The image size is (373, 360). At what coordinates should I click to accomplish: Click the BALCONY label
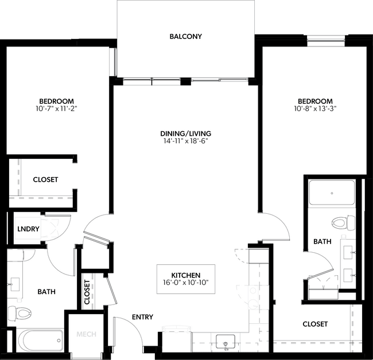[185, 37]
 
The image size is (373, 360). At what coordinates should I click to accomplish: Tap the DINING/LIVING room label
[181, 134]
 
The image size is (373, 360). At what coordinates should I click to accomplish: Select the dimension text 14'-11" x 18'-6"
[181, 141]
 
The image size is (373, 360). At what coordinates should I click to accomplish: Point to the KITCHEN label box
[186, 279]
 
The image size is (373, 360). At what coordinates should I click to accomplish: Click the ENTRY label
[142, 317]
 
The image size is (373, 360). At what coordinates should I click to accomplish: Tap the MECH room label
[86, 334]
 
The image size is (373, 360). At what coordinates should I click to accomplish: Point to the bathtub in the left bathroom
[40, 341]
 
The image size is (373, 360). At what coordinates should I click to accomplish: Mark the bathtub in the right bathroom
[332, 193]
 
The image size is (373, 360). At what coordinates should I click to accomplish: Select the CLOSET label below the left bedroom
[45, 179]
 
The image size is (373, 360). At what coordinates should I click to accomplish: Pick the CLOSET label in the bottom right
[315, 324]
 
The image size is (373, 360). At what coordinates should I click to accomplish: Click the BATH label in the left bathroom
[46, 292]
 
